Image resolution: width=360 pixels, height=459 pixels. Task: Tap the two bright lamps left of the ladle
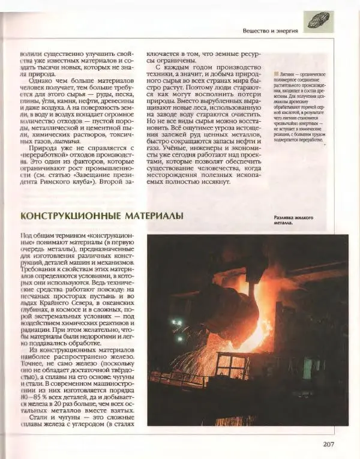coord(177,324)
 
